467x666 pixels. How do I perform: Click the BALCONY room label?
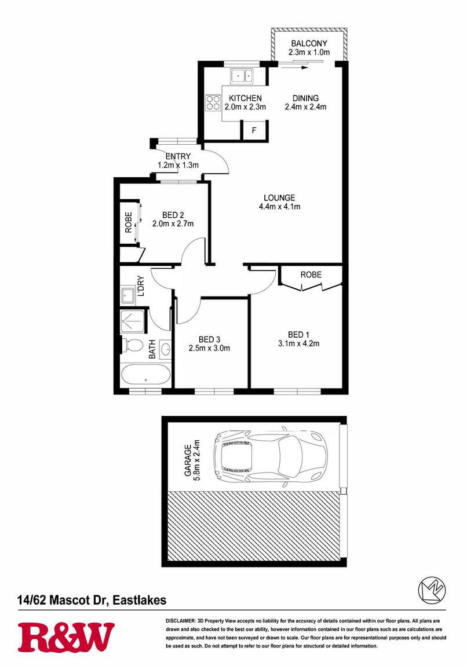point(309,43)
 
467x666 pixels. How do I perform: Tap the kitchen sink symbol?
point(242,76)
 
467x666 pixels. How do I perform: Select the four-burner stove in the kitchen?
point(213,103)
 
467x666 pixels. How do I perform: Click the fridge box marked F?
point(254,130)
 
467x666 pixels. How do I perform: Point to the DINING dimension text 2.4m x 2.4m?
point(305,107)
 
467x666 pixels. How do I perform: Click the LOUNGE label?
point(279,197)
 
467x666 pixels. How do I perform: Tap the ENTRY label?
point(178,156)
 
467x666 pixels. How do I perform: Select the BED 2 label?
point(173,215)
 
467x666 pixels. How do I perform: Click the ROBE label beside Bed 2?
point(128,222)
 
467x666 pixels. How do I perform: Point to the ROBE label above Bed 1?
point(311,275)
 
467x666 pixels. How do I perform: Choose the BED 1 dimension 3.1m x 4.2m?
point(299,343)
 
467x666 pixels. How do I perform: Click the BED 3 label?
point(209,339)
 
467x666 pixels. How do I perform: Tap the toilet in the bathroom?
point(133,345)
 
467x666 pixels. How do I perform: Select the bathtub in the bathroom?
point(146,375)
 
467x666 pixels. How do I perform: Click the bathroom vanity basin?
point(165,350)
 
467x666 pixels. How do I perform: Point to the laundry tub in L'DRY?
point(127,295)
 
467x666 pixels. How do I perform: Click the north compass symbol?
point(432,590)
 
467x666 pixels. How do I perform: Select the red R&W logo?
point(66,637)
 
